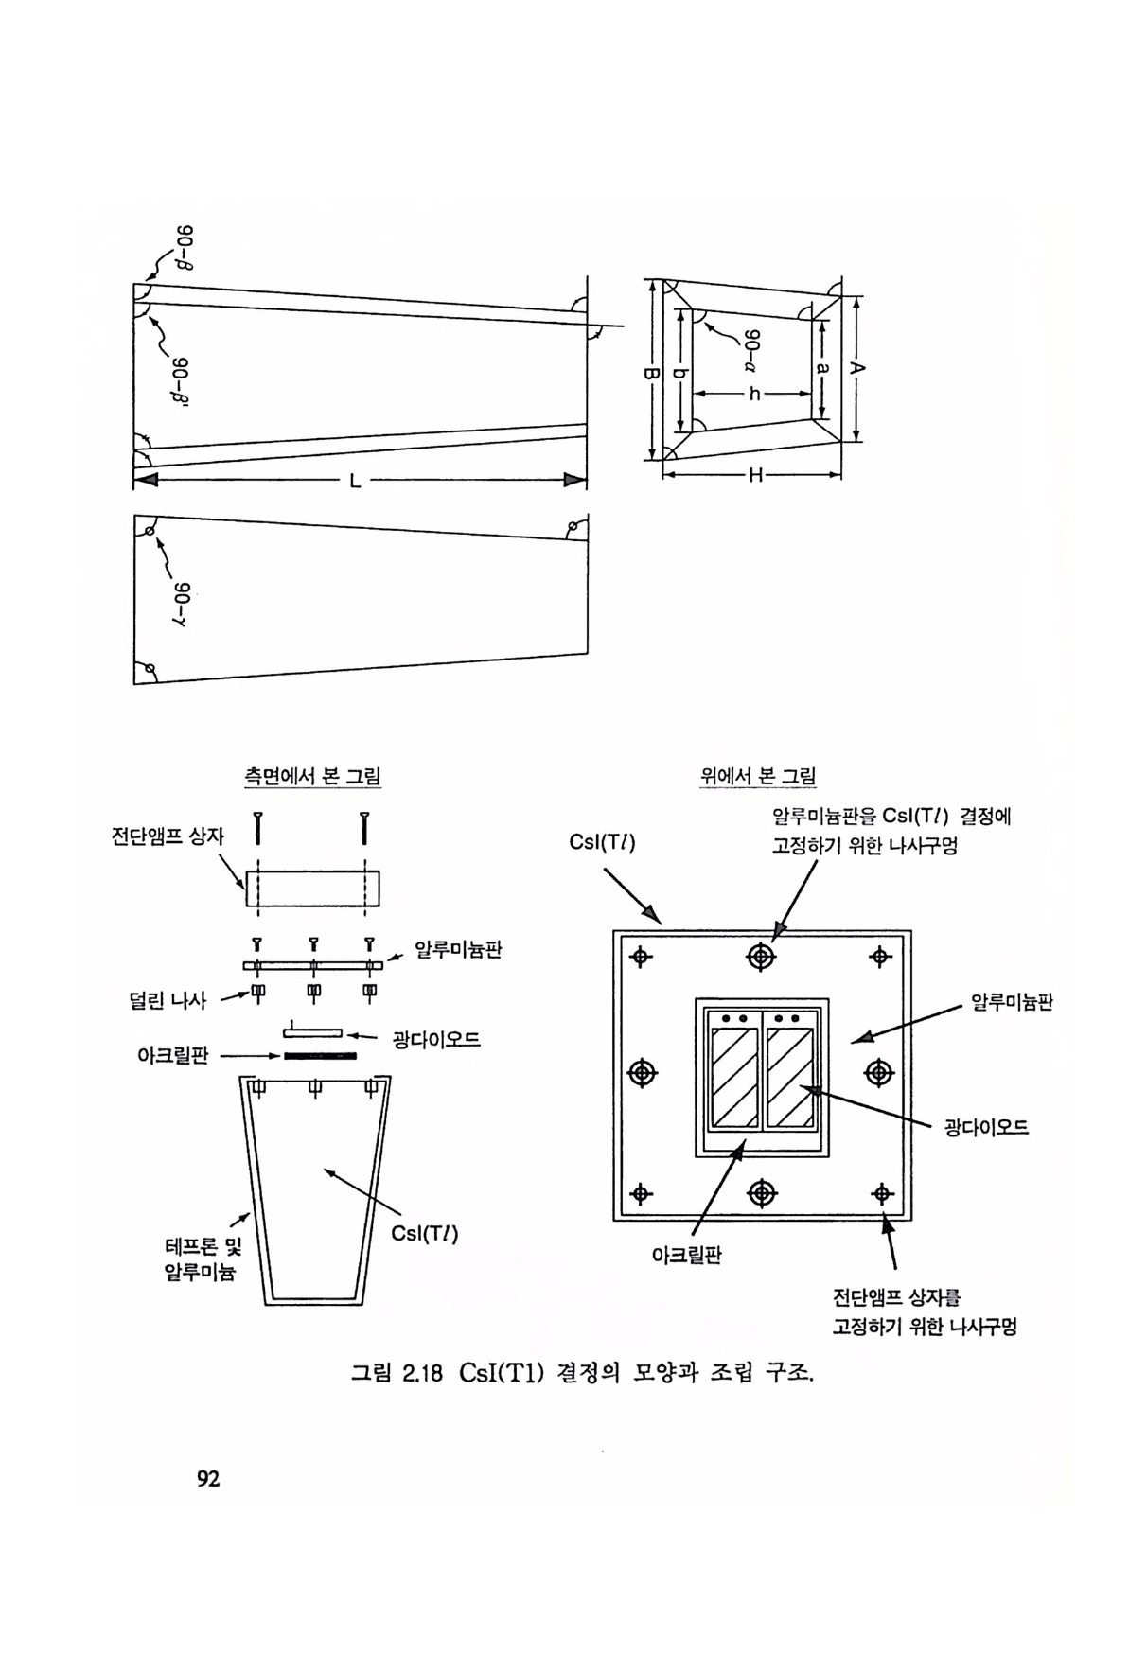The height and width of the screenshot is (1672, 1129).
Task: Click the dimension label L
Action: pyautogui.click(x=355, y=481)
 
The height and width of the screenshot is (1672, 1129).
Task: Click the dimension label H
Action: pyautogui.click(x=755, y=475)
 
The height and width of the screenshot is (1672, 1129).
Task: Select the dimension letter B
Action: pyautogui.click(x=650, y=375)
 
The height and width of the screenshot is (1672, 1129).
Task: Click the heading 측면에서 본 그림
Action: pyautogui.click(x=312, y=777)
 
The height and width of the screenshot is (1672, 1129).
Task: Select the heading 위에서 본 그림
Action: pyautogui.click(x=758, y=777)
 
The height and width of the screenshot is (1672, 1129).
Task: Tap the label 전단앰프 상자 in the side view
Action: pyautogui.click(x=168, y=836)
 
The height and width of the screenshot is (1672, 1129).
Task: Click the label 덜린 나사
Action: pyautogui.click(x=168, y=999)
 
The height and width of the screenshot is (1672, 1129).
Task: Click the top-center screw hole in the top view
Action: pyautogui.click(x=761, y=957)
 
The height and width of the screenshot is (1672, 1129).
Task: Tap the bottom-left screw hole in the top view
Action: pyautogui.click(x=642, y=1193)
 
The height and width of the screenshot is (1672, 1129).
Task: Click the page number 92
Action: pyautogui.click(x=208, y=1478)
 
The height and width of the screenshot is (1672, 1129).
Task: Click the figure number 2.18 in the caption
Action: pyautogui.click(x=423, y=1373)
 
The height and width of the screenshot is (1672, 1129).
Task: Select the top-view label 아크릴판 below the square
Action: pyautogui.click(x=687, y=1256)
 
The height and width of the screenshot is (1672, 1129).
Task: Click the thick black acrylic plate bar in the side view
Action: pyautogui.click(x=320, y=1055)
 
